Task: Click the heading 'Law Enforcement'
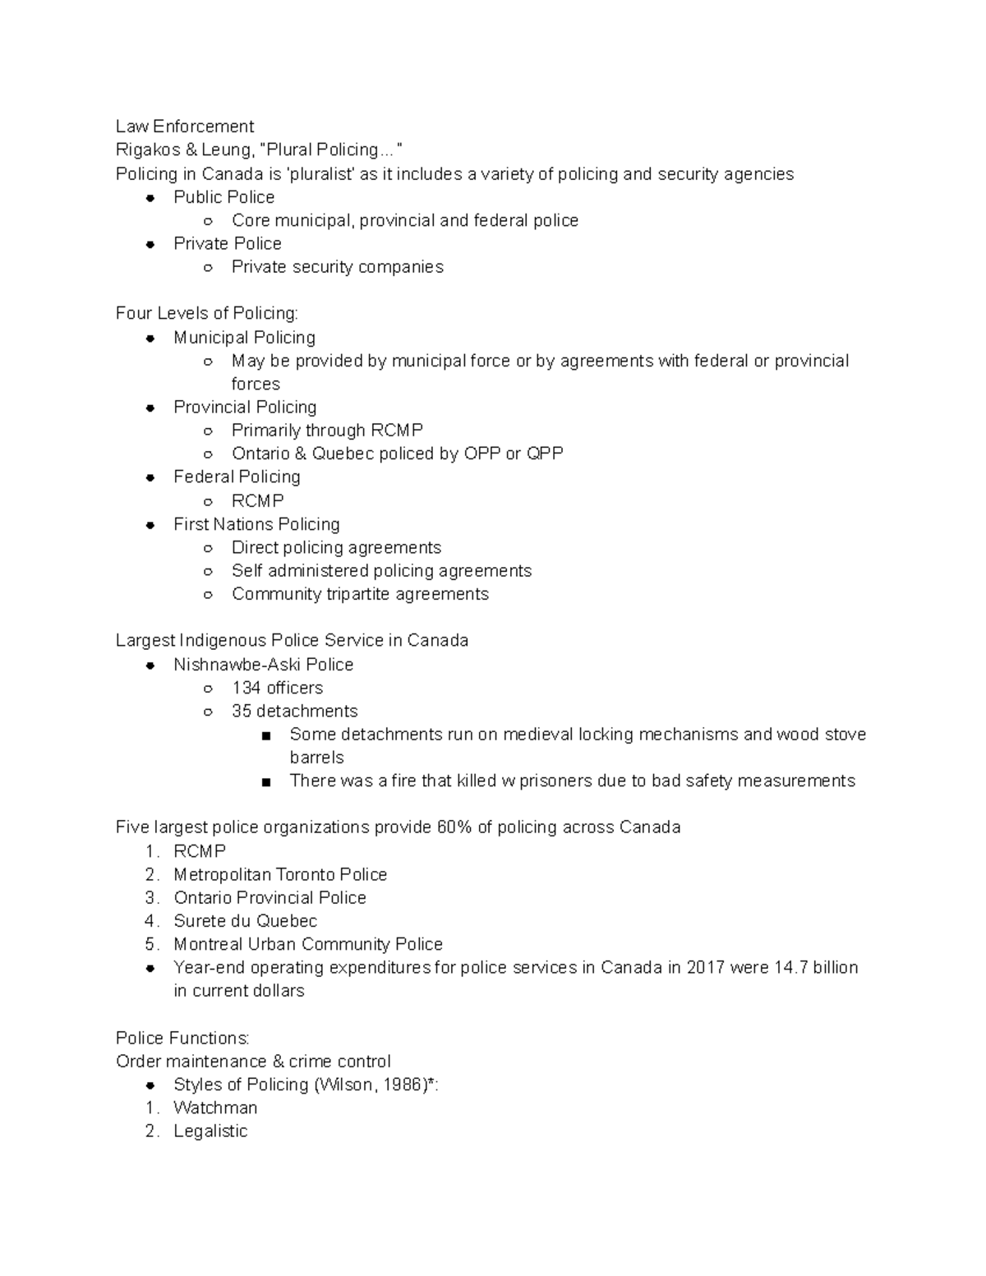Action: (x=185, y=127)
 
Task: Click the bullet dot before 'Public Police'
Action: (x=150, y=198)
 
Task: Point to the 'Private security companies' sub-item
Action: (x=337, y=267)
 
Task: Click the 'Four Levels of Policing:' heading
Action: (x=207, y=313)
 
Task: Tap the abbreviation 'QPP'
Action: (x=545, y=454)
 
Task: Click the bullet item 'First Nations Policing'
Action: (x=256, y=524)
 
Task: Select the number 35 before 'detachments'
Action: (x=242, y=711)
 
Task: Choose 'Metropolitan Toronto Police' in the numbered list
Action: (x=280, y=874)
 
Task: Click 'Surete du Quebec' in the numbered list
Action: (x=245, y=921)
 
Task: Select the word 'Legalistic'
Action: (x=210, y=1131)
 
